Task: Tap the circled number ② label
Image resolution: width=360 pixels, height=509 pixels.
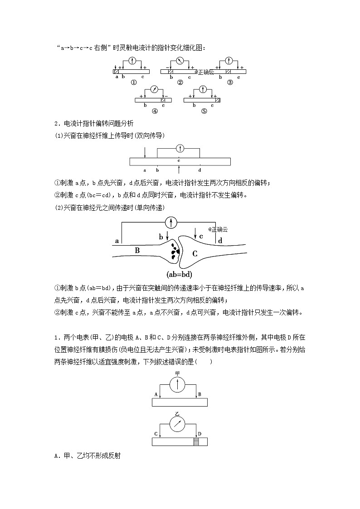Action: click(x=180, y=82)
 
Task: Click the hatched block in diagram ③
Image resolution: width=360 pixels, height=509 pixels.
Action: click(x=229, y=72)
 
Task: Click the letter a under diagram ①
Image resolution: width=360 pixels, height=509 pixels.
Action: click(x=117, y=77)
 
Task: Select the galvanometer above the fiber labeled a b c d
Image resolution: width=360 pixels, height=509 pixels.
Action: click(x=180, y=148)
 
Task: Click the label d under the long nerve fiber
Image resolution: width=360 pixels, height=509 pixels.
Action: click(x=199, y=170)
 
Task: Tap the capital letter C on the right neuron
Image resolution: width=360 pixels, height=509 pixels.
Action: click(x=195, y=254)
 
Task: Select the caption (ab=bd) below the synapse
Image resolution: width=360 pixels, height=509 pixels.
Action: click(x=180, y=274)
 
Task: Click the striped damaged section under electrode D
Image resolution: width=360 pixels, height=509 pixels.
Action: click(x=196, y=442)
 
